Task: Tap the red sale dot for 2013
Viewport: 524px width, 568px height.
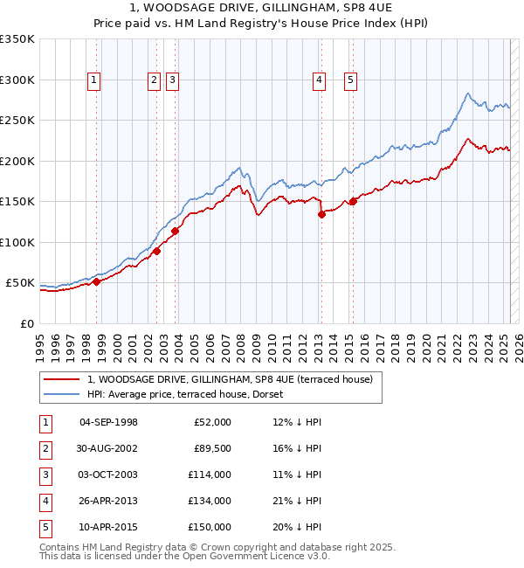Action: (321, 214)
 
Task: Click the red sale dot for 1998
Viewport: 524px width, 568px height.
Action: (97, 281)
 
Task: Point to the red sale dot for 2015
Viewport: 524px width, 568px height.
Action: (353, 202)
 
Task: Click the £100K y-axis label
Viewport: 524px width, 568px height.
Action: (17, 242)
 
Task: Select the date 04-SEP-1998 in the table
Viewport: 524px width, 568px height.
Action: (108, 422)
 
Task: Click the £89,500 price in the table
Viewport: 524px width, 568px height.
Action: (211, 448)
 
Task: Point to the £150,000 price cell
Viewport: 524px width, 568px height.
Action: (211, 527)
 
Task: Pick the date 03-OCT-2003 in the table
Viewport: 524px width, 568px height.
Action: (108, 474)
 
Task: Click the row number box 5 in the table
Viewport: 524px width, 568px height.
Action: (45, 527)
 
